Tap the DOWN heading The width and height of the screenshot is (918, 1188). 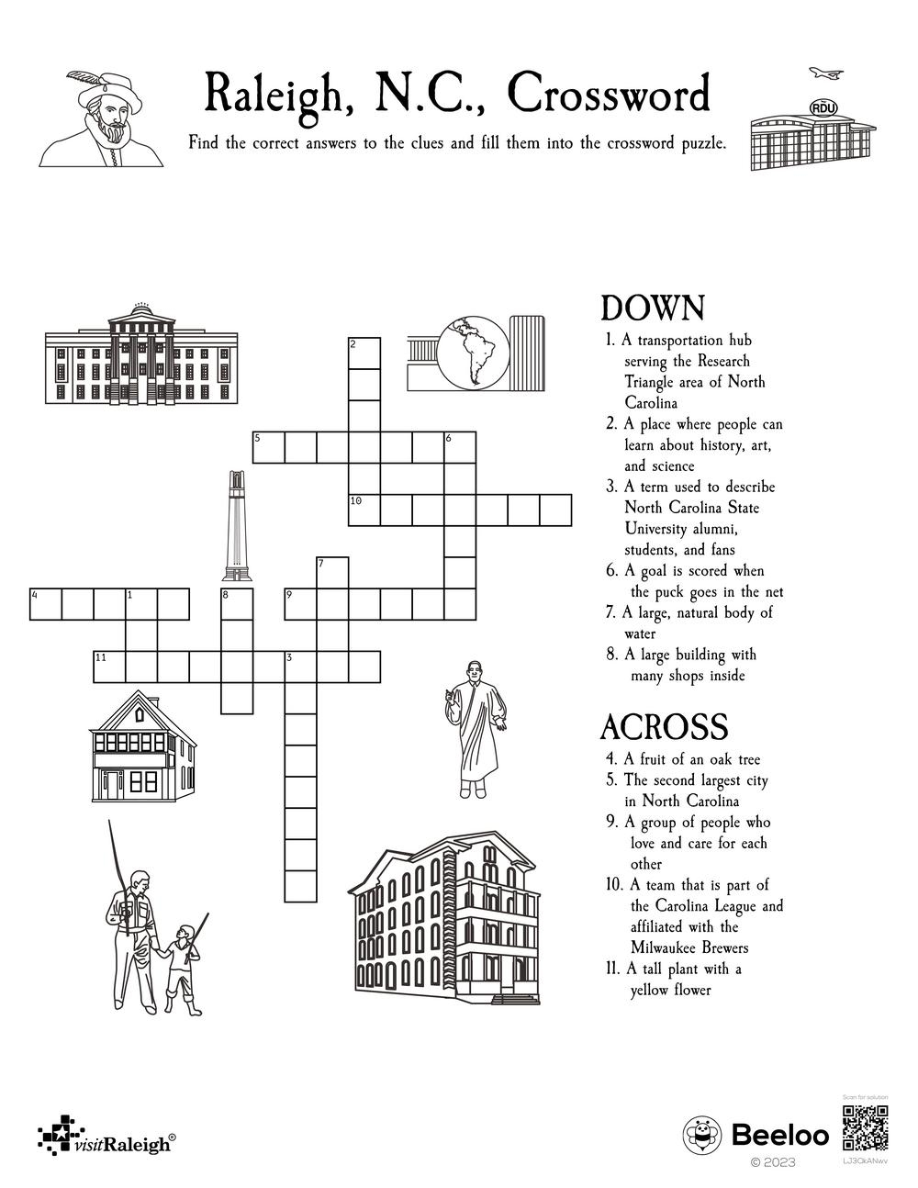pyautogui.click(x=652, y=308)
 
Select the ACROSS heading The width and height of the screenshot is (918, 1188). pyautogui.click(x=664, y=727)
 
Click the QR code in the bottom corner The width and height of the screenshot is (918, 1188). pyautogui.click(x=865, y=1129)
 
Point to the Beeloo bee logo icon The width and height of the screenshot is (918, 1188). pyautogui.click(x=702, y=1136)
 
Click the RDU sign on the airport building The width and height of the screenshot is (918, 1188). pyautogui.click(x=823, y=108)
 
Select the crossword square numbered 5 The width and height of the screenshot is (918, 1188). pyautogui.click(x=269, y=448)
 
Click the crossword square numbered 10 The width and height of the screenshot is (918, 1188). pyautogui.click(x=364, y=510)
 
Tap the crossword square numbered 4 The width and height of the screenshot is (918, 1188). pyautogui.click(x=46, y=605)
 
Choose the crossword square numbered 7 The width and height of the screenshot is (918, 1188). pyautogui.click(x=332, y=573)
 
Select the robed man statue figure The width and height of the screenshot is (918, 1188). pyautogui.click(x=475, y=729)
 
